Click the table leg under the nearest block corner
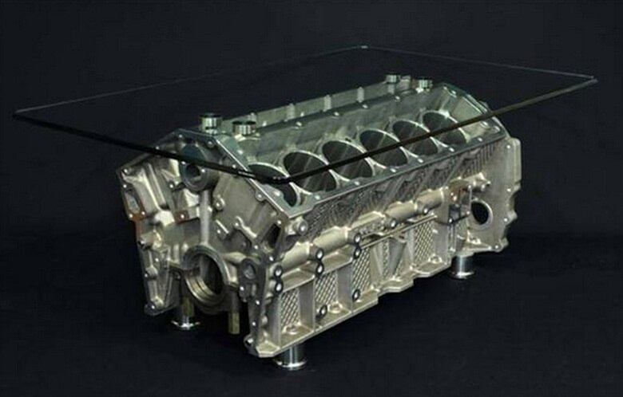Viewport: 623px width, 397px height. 290,359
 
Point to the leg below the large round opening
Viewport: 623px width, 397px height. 185,320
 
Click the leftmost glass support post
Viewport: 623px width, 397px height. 211,122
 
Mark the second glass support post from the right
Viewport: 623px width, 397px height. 392,79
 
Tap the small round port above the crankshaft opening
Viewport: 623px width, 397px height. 192,172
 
